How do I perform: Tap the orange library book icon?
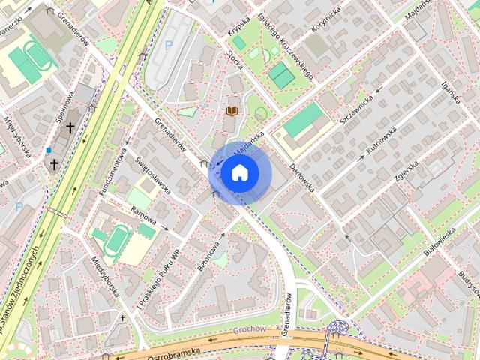[x=232, y=111]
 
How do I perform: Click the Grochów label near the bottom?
[x=250, y=330]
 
